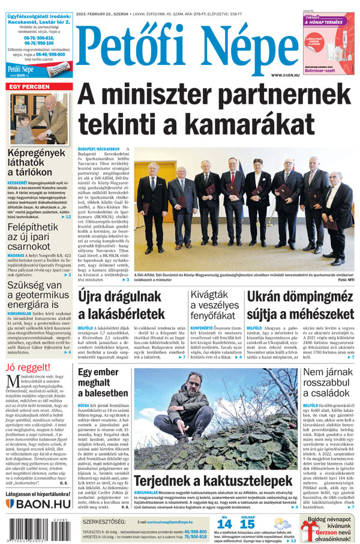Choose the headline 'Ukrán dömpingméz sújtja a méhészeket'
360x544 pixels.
tap(300, 304)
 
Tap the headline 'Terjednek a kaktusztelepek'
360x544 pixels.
tap(212, 481)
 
